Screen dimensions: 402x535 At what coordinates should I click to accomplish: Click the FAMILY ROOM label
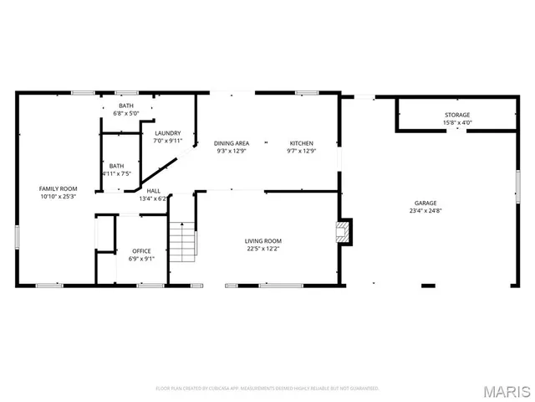[58, 188]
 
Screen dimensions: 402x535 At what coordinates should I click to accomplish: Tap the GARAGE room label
[425, 204]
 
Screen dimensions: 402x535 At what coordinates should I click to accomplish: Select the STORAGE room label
[456, 115]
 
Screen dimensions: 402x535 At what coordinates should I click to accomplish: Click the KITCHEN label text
[302, 143]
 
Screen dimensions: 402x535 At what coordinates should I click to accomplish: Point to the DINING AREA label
[232, 143]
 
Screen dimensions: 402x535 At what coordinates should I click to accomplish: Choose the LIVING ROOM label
[262, 240]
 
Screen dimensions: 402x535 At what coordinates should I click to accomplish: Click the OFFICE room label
[141, 250]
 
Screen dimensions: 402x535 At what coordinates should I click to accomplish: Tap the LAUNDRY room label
[168, 133]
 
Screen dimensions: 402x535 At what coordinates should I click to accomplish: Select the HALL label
[153, 191]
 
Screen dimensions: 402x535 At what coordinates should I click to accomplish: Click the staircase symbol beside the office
[183, 240]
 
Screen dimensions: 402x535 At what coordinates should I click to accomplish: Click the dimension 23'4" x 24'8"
[425, 211]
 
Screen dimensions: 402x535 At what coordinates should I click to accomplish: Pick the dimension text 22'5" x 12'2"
[262, 248]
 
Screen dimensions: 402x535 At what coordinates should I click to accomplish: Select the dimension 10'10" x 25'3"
[58, 197]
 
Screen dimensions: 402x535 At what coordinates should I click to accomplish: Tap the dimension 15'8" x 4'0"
[456, 123]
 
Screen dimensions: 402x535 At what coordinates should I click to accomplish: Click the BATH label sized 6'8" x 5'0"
[125, 106]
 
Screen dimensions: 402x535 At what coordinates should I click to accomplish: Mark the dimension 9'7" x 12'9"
[302, 152]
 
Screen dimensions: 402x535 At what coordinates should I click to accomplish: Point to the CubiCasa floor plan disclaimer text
[267, 389]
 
